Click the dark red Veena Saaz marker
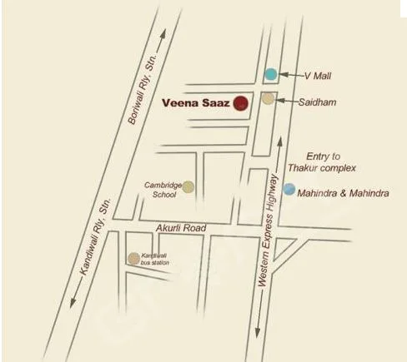tap(240, 103)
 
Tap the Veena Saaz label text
tap(198, 103)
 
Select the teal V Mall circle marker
tap(270, 74)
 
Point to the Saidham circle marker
tap(268, 99)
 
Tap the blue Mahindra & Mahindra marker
tap(289, 190)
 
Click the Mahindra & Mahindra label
tap(343, 192)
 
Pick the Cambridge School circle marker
tap(189, 186)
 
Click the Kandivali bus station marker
tap(133, 259)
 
